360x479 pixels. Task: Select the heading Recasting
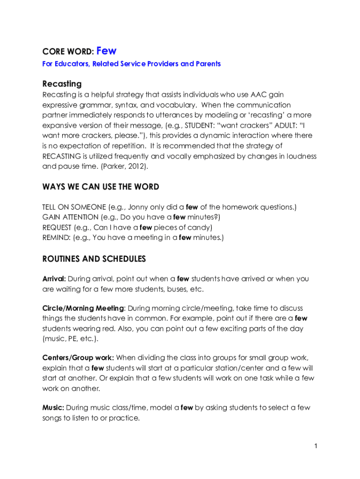click(62, 84)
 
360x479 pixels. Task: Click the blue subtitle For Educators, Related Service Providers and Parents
click(131, 64)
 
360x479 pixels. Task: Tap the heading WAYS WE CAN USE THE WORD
click(101, 187)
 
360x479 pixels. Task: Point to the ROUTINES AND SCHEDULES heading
click(94, 259)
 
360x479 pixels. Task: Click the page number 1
click(316, 446)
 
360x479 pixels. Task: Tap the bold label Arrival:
click(54, 279)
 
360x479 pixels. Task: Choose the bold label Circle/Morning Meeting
click(83, 308)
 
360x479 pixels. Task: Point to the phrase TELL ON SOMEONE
click(73, 207)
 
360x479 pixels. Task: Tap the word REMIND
click(55, 238)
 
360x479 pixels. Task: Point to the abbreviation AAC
click(259, 95)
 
